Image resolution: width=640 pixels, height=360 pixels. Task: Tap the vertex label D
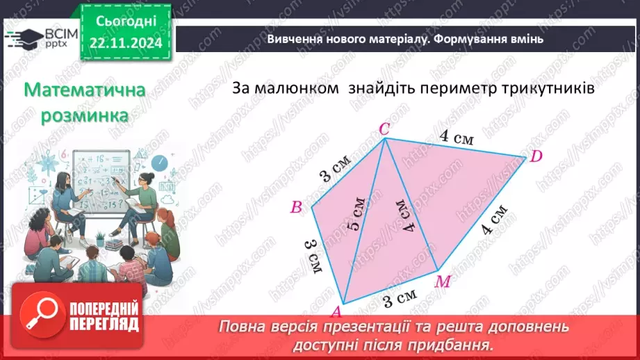(x=536, y=156)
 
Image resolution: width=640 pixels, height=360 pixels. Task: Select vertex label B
(x=296, y=206)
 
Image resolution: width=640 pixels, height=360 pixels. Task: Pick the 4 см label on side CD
(x=456, y=136)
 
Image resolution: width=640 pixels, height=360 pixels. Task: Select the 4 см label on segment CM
(x=406, y=215)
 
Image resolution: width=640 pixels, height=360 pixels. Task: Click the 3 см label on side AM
(x=399, y=301)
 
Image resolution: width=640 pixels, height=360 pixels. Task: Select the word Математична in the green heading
(x=85, y=91)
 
